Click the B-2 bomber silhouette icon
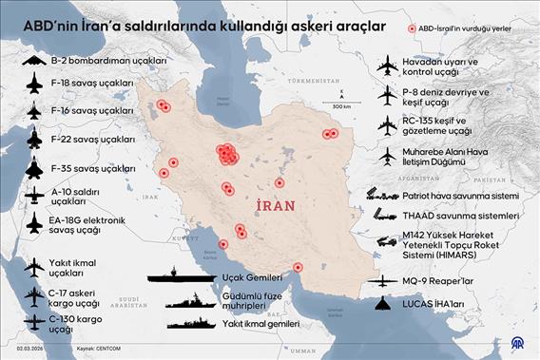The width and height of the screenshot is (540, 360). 34,61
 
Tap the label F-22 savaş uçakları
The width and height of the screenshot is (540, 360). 92,140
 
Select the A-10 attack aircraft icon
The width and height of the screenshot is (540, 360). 34,195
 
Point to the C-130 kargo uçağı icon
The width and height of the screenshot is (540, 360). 34,322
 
